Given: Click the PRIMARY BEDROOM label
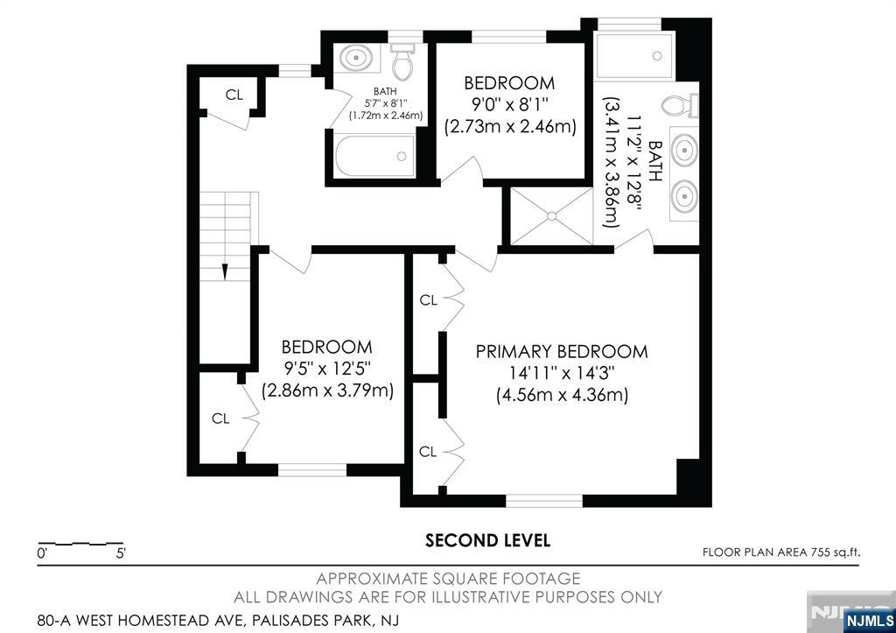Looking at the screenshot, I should pyautogui.click(x=561, y=352).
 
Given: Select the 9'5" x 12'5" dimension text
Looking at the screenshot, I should pyautogui.click(x=326, y=369).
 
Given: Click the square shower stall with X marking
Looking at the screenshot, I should pyautogui.click(x=550, y=215).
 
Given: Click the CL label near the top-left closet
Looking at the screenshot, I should pyautogui.click(x=234, y=95).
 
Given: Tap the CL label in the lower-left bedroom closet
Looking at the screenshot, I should pyautogui.click(x=220, y=418).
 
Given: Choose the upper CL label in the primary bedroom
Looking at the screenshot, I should pyautogui.click(x=428, y=300).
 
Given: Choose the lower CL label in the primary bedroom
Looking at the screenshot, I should pyautogui.click(x=428, y=452).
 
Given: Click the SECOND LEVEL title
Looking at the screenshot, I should pyautogui.click(x=487, y=540).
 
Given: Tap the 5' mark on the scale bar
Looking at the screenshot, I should pyautogui.click(x=120, y=553).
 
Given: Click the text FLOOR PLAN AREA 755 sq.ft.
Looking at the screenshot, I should pyautogui.click(x=781, y=552).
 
